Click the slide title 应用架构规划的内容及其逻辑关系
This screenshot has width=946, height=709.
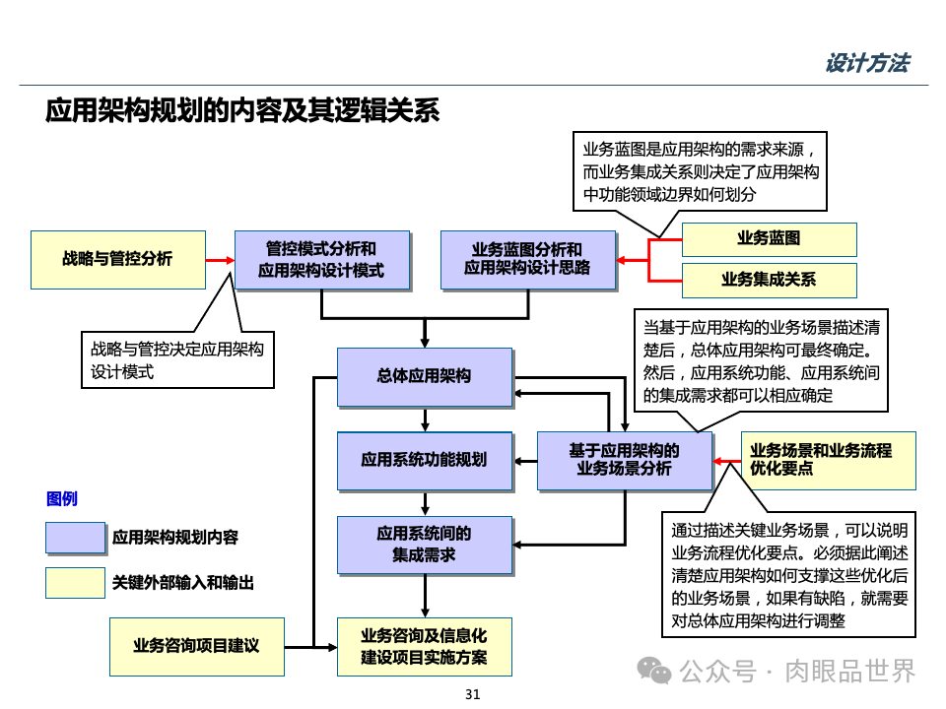point(241,110)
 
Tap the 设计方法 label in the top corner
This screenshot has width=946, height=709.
point(866,64)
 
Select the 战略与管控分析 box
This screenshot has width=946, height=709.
point(117,259)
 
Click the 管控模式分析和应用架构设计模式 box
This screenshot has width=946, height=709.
point(321,260)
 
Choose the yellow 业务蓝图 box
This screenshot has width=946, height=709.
point(769,239)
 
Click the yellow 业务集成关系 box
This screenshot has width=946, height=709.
point(769,280)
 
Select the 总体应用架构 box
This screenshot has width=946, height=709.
point(424,376)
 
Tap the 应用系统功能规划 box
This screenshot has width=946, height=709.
point(424,460)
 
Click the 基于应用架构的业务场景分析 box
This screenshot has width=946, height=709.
point(624,460)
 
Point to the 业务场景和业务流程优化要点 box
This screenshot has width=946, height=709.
point(828,460)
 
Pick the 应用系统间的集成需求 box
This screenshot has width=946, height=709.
point(424,545)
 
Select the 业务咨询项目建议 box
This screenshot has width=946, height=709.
point(196,646)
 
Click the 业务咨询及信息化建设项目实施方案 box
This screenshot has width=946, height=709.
point(424,646)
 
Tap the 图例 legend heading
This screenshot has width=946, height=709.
point(61,499)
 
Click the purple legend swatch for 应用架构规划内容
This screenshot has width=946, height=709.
point(75,538)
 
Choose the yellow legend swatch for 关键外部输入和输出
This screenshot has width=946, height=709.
point(75,583)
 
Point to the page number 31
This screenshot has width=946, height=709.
point(472,695)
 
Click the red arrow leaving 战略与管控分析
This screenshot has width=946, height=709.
point(220,260)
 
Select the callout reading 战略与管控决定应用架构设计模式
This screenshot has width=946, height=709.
point(176,359)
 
